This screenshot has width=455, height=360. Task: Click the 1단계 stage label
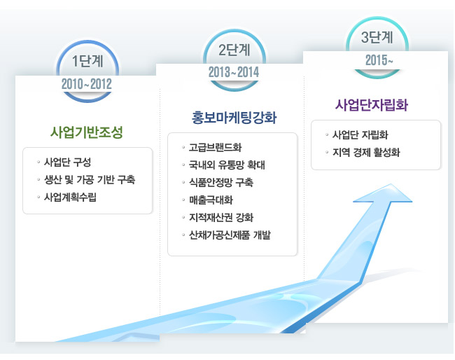tap(87, 61)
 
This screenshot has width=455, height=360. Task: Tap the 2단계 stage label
tap(234, 50)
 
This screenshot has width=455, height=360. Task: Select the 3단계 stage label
tap(377, 38)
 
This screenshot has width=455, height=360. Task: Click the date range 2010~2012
tap(87, 84)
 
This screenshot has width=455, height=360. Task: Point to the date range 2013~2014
tap(234, 72)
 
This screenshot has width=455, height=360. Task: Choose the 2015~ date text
tap(379, 60)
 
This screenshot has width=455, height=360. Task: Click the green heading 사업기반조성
tap(87, 132)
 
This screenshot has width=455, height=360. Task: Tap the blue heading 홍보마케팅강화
tap(234, 118)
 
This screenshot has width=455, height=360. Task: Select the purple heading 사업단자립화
tap(372, 105)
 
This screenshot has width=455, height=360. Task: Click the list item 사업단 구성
tap(67, 162)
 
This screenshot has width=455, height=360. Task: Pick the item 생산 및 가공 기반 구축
tap(90, 180)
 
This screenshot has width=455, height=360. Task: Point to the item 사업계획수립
tap(70, 197)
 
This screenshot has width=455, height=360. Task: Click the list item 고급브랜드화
tap(215, 148)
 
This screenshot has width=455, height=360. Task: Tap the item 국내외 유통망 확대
tap(227, 165)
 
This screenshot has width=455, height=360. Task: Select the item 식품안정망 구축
tap(221, 182)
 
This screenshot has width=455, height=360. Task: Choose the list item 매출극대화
tap(211, 200)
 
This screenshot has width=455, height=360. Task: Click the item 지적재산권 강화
tap(221, 217)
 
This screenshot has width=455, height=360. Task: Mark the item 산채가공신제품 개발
tap(230, 235)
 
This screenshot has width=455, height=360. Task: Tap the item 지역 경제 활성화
tap(366, 152)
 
